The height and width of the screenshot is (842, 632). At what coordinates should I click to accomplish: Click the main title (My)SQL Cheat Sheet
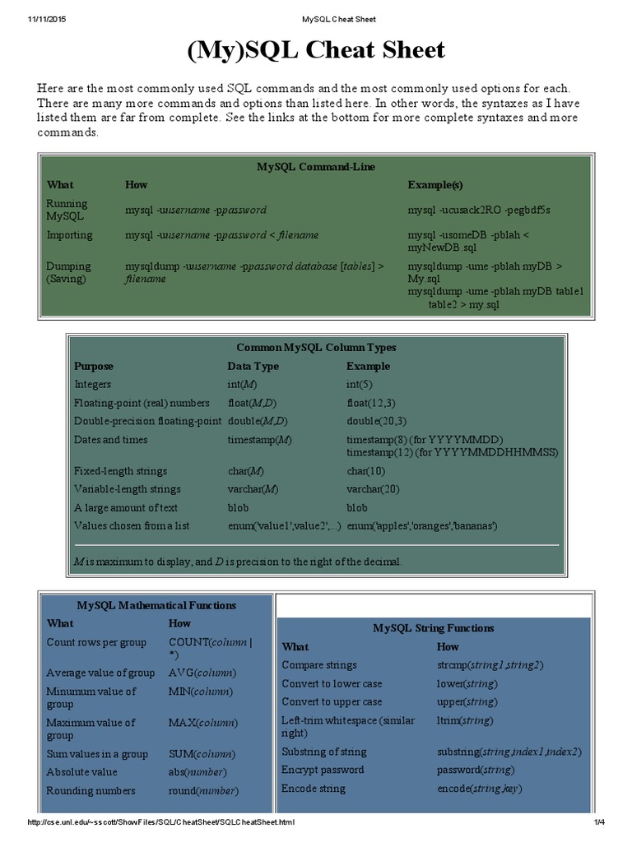tap(316, 51)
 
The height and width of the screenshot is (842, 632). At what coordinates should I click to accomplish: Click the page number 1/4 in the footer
tap(598, 822)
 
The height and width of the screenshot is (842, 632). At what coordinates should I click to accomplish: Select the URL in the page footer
tap(161, 822)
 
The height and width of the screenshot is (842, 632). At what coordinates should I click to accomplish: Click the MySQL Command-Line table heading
tap(316, 167)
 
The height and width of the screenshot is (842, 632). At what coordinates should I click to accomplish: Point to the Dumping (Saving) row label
tap(69, 272)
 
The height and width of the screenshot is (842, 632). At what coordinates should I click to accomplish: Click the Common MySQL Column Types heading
tap(316, 348)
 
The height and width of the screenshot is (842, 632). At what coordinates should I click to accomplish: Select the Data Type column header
tap(253, 367)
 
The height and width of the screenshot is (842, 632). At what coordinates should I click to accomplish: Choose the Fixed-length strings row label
tap(120, 471)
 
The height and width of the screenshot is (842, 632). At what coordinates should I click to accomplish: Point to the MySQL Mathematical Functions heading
tap(156, 605)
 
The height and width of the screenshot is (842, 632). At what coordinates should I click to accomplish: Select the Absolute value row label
tap(82, 772)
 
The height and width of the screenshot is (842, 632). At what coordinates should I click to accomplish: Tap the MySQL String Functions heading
tap(434, 628)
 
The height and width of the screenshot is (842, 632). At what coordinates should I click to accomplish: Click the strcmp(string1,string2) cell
tap(490, 665)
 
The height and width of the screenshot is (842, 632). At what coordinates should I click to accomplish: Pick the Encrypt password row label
tap(323, 770)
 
